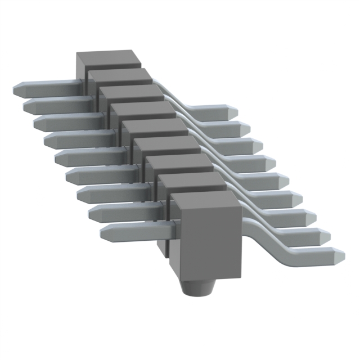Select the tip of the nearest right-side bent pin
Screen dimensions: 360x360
coord(341,254)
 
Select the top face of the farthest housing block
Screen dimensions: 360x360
coord(107,59)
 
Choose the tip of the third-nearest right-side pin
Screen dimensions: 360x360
coord(313,216)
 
